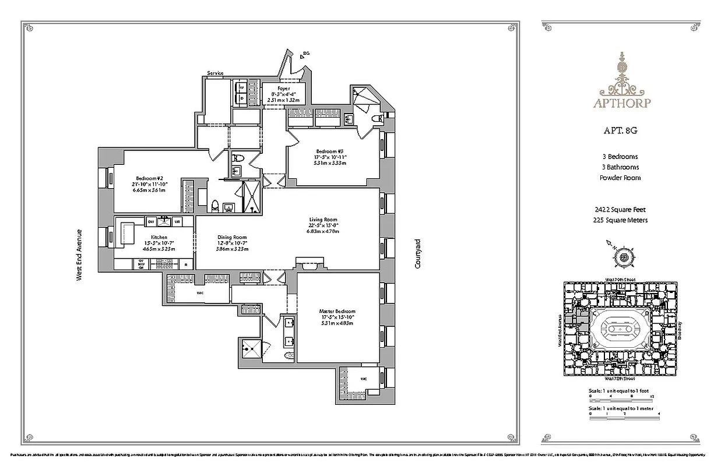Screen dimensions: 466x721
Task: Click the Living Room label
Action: pos(323,220)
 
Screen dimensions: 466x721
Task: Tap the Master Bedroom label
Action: pos(337,312)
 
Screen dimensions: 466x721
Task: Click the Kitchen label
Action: pos(159,237)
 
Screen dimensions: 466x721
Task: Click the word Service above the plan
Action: pos(215,73)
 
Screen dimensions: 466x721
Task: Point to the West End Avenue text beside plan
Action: pos(80,255)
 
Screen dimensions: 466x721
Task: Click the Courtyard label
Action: pos(418,253)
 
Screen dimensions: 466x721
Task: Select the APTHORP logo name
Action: pos(621,104)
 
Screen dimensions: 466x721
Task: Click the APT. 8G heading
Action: pos(621,131)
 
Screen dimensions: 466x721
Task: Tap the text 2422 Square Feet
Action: pos(620,209)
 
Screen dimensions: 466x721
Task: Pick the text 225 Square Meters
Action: pos(620,220)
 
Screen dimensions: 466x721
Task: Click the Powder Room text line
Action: pos(620,178)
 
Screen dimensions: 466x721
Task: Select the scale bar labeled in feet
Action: pos(624,398)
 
